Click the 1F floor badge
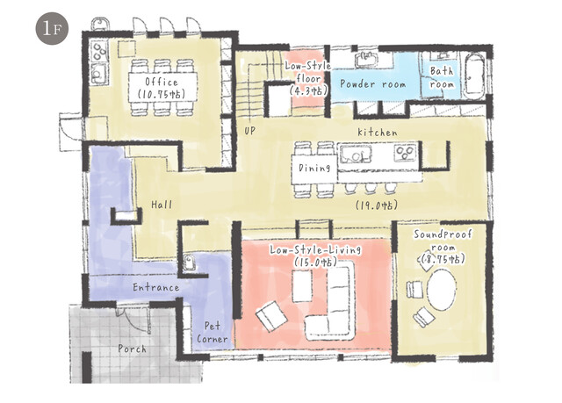(x=52, y=28)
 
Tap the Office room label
(x=162, y=82)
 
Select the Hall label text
(x=162, y=205)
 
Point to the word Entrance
(x=156, y=287)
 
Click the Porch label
(x=133, y=349)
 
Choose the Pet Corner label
(x=213, y=333)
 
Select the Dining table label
(x=314, y=168)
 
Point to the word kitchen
(x=378, y=133)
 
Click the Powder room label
(x=372, y=84)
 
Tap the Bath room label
(x=442, y=78)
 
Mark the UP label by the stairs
(x=249, y=131)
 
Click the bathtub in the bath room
(x=474, y=76)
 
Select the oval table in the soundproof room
(x=443, y=290)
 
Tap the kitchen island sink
(x=355, y=154)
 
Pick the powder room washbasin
(x=367, y=59)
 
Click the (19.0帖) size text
(x=377, y=205)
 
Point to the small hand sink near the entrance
(x=189, y=263)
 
